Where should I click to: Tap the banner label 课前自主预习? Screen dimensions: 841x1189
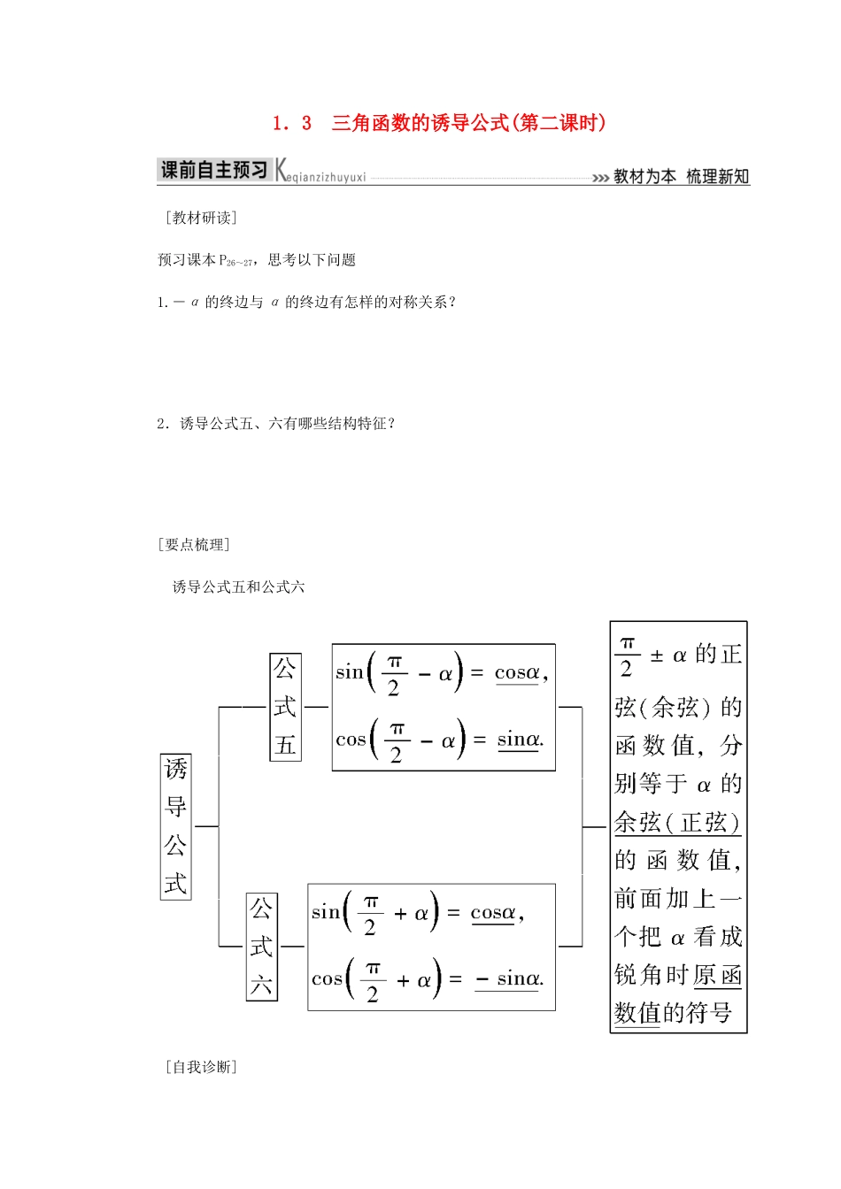click(x=214, y=170)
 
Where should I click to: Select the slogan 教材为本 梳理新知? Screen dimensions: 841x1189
click(x=681, y=177)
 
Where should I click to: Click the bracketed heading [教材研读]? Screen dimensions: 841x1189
click(x=201, y=218)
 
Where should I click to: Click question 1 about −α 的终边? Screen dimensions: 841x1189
click(x=306, y=303)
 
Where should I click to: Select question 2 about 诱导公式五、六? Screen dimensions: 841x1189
click(x=275, y=424)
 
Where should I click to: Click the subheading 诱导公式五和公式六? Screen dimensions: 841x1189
click(x=238, y=587)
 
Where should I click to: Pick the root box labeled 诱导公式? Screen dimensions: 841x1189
click(x=175, y=826)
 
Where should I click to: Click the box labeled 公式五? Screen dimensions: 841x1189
click(x=285, y=707)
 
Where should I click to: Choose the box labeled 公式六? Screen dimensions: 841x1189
click(x=261, y=947)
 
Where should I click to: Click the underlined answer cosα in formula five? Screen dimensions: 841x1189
click(x=517, y=673)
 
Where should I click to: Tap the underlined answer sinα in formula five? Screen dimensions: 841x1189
click(x=519, y=740)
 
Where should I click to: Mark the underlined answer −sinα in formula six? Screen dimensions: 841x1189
click(x=507, y=979)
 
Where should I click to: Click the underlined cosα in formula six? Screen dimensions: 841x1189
click(x=493, y=913)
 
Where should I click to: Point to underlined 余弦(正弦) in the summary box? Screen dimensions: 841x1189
click(x=677, y=823)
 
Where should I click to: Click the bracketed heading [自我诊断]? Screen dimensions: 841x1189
click(x=201, y=1067)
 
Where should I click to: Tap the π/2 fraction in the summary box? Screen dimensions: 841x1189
click(x=627, y=656)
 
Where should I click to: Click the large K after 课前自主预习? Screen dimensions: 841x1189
click(x=282, y=170)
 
